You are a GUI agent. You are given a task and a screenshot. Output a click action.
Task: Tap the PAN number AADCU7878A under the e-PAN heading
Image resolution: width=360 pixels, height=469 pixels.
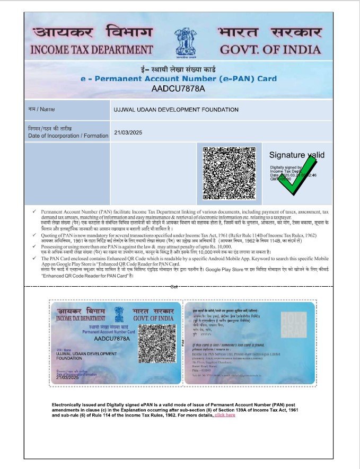click(178, 88)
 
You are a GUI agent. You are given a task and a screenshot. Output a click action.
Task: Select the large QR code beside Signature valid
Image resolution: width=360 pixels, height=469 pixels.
click(229, 173)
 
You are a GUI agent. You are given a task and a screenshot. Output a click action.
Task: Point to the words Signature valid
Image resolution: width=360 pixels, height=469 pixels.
click(297, 155)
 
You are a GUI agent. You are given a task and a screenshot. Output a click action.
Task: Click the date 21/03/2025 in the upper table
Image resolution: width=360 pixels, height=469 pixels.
click(128, 132)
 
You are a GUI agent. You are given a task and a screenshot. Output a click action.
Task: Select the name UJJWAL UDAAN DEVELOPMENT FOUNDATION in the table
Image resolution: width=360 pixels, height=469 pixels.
click(176, 110)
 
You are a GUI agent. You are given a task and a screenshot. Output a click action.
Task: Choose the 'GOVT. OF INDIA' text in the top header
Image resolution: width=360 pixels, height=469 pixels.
click(270, 50)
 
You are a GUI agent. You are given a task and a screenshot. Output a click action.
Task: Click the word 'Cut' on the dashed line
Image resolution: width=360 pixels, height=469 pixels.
click(174, 287)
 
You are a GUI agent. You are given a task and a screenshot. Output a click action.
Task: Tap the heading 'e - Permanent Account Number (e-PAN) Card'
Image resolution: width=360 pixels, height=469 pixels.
click(179, 79)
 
